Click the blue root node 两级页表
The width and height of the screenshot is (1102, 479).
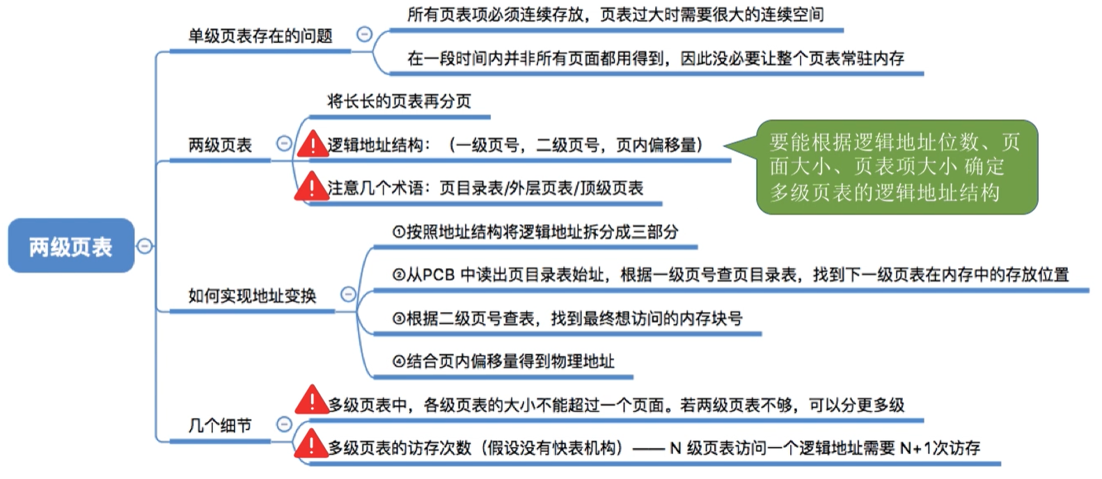tap(70, 246)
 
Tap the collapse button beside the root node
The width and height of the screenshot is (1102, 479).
tap(144, 246)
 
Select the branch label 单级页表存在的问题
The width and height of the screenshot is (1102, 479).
tap(260, 36)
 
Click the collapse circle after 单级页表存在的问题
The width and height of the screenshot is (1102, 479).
tap(364, 34)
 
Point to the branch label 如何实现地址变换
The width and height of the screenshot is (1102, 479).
tap(252, 296)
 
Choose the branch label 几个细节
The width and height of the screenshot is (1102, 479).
tap(219, 425)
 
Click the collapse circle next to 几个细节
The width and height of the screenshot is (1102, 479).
tap(284, 424)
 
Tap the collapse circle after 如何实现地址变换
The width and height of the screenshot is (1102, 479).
tap(348, 295)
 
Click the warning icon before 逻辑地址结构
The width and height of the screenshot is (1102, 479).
tap(312, 144)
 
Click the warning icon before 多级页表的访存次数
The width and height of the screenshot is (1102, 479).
tap(311, 445)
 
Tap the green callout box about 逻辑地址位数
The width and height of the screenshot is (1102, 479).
tap(896, 167)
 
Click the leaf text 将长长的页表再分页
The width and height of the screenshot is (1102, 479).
tap(399, 102)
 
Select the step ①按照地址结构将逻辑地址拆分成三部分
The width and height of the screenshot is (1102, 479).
tap(535, 232)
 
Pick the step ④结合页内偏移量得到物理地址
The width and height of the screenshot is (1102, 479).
tap(503, 361)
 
